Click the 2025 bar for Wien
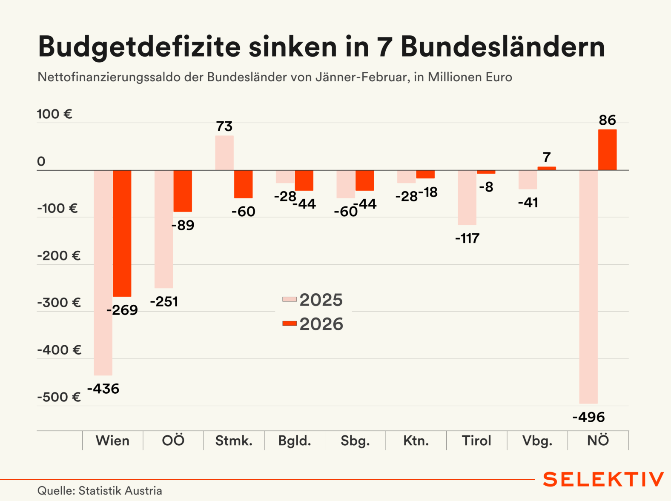point(103,272)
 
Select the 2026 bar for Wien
point(122,233)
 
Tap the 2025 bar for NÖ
point(588,286)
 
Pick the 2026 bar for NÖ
point(607,150)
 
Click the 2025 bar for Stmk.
point(224,153)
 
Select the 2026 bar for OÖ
point(183,191)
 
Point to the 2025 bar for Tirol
point(467,198)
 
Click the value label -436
point(103,389)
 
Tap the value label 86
point(607,120)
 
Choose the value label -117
point(467,238)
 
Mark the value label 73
point(224,126)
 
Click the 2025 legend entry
point(313,300)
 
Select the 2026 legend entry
point(313,324)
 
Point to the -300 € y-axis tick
point(59,303)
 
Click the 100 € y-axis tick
point(54,114)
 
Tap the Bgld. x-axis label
point(295,441)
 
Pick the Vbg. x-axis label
point(537,441)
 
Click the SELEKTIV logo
point(603,479)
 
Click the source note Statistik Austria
point(120,491)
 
